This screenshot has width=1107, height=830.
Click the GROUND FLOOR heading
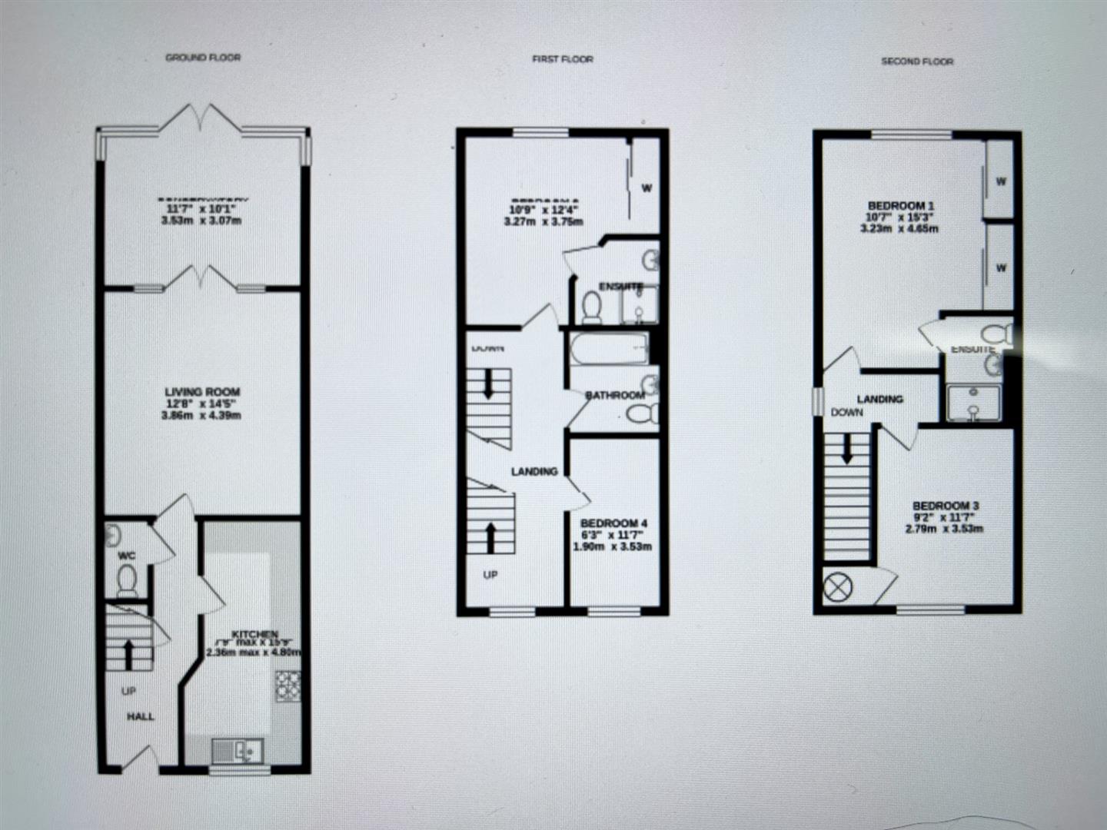[x=203, y=58]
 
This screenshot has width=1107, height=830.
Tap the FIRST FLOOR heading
[x=563, y=59]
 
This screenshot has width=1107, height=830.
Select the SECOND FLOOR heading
[x=917, y=61]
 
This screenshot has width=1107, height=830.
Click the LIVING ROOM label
[x=202, y=392]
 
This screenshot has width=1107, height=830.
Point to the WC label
[x=127, y=555]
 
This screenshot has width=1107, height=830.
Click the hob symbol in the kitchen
[x=288, y=686]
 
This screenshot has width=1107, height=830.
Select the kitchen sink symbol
[x=238, y=751]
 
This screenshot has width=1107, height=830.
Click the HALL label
[x=141, y=716]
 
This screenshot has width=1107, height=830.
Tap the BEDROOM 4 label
[x=613, y=523]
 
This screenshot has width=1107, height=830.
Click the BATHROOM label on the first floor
[x=615, y=396]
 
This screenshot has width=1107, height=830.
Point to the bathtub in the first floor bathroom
[x=609, y=348]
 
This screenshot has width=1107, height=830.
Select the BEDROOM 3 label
[x=946, y=506]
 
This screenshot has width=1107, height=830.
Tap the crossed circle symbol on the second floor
[x=838, y=589]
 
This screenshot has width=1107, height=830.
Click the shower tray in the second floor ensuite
[x=972, y=404]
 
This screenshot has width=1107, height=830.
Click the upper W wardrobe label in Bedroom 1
[x=1001, y=181]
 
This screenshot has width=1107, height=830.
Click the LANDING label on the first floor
[x=534, y=471]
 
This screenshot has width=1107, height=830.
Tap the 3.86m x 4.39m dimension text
[x=201, y=416]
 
